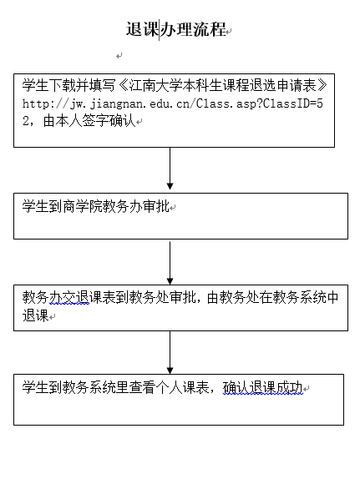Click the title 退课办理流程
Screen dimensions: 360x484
tap(176, 30)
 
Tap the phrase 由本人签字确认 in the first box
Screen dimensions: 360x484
tap(89, 121)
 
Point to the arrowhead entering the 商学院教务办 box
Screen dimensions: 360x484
tap(170, 186)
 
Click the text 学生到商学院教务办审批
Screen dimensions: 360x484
tap(95, 206)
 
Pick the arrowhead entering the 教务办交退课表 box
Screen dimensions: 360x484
tap(170, 281)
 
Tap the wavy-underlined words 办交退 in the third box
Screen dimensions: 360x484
tap(69, 298)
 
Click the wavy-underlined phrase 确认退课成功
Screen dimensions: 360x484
tap(262, 387)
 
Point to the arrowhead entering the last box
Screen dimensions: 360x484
tap(170, 371)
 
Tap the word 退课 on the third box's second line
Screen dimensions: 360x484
tap(36, 315)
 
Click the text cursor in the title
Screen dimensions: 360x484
tap(160, 30)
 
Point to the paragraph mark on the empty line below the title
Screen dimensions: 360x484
tap(119, 56)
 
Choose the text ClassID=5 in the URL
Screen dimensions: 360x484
tap(293, 103)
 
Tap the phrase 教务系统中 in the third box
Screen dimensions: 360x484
tap(306, 298)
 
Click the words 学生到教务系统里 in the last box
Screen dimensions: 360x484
tap(75, 387)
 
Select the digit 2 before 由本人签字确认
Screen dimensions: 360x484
tap(26, 121)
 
